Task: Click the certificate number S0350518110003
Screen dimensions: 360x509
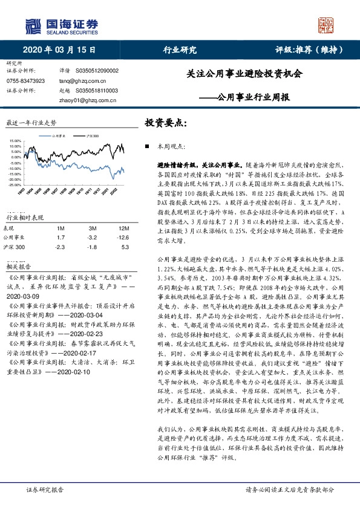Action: click(x=97, y=90)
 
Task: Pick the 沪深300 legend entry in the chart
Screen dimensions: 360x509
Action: click(x=93, y=138)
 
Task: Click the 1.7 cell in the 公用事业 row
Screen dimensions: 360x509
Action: click(x=61, y=238)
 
